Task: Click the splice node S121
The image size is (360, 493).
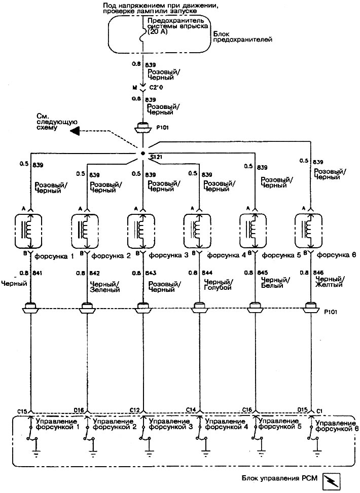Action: click(x=143, y=153)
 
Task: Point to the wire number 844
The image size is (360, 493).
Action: click(x=207, y=273)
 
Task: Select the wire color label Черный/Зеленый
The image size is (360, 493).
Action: click(x=104, y=286)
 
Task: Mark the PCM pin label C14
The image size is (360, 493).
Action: click(x=191, y=409)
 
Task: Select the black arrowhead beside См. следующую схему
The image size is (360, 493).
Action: click(x=75, y=131)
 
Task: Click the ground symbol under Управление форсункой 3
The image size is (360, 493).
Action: click(x=151, y=448)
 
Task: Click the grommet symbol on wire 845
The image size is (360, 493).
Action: click(x=257, y=308)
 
